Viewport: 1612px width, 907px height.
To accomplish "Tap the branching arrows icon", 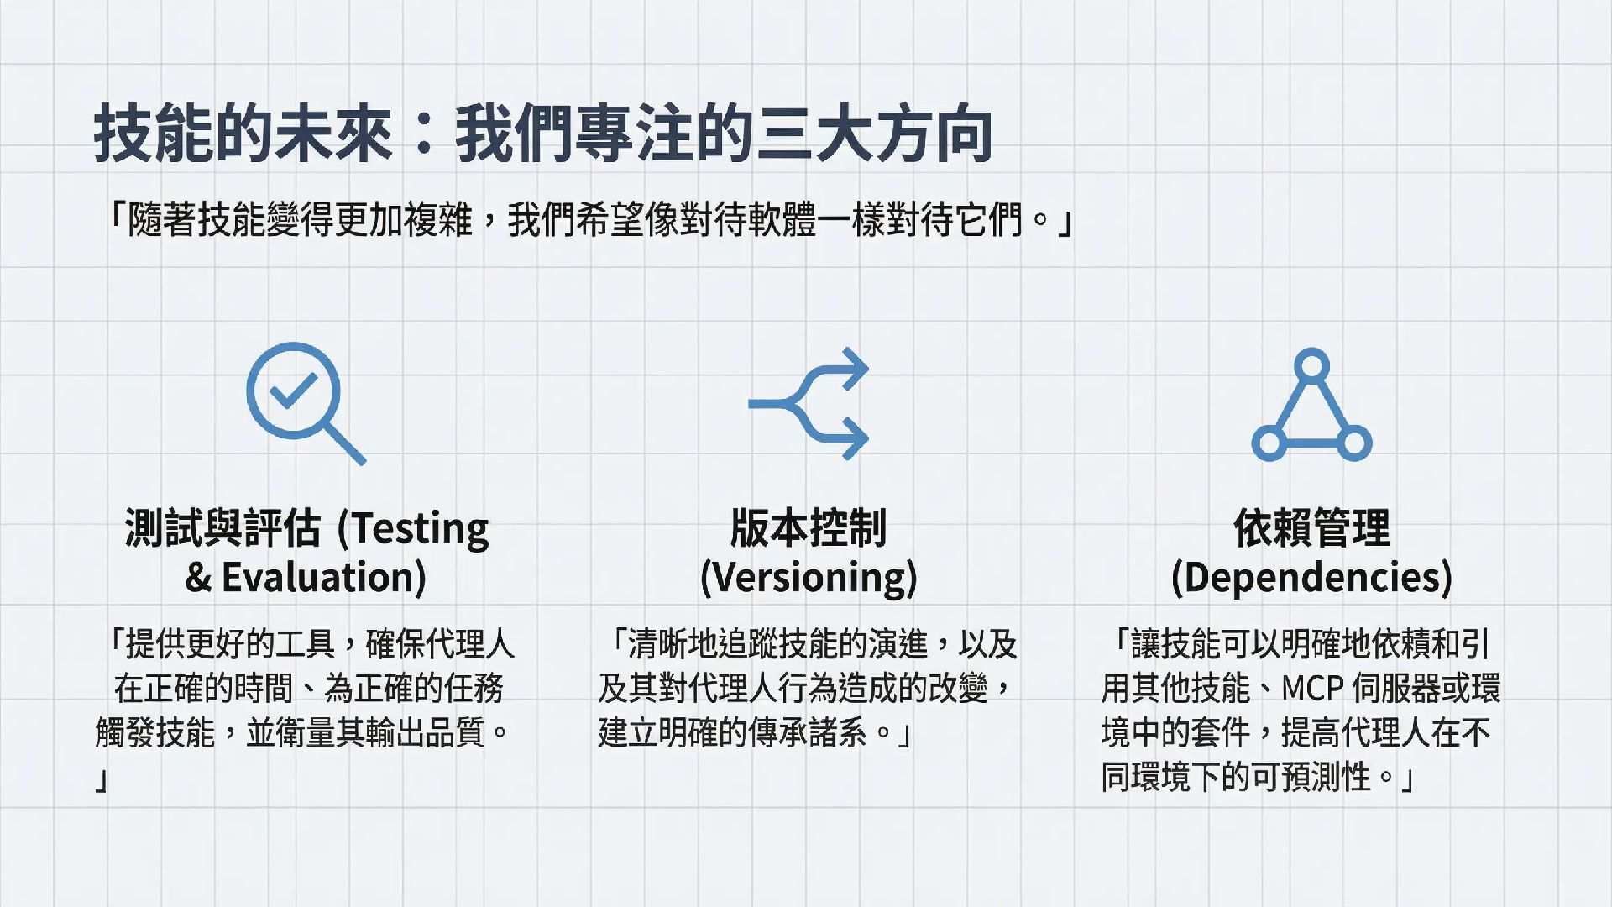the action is (808, 403).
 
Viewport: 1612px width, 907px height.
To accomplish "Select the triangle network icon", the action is (1311, 406).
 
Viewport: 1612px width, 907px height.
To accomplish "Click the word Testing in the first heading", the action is (419, 529).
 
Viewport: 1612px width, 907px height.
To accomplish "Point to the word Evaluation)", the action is (323, 578).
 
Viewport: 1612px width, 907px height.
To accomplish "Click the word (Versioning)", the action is (808, 578).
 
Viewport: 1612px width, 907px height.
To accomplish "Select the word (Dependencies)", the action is (1311, 578).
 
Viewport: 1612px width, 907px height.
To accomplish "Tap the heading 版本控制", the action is (808, 529).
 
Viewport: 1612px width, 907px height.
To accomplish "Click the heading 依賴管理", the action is (1311, 529).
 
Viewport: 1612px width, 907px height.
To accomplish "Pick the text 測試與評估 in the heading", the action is (222, 529).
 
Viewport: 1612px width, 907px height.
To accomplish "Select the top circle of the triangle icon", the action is (1311, 366).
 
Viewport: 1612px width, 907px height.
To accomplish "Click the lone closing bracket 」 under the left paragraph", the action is (102, 780).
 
